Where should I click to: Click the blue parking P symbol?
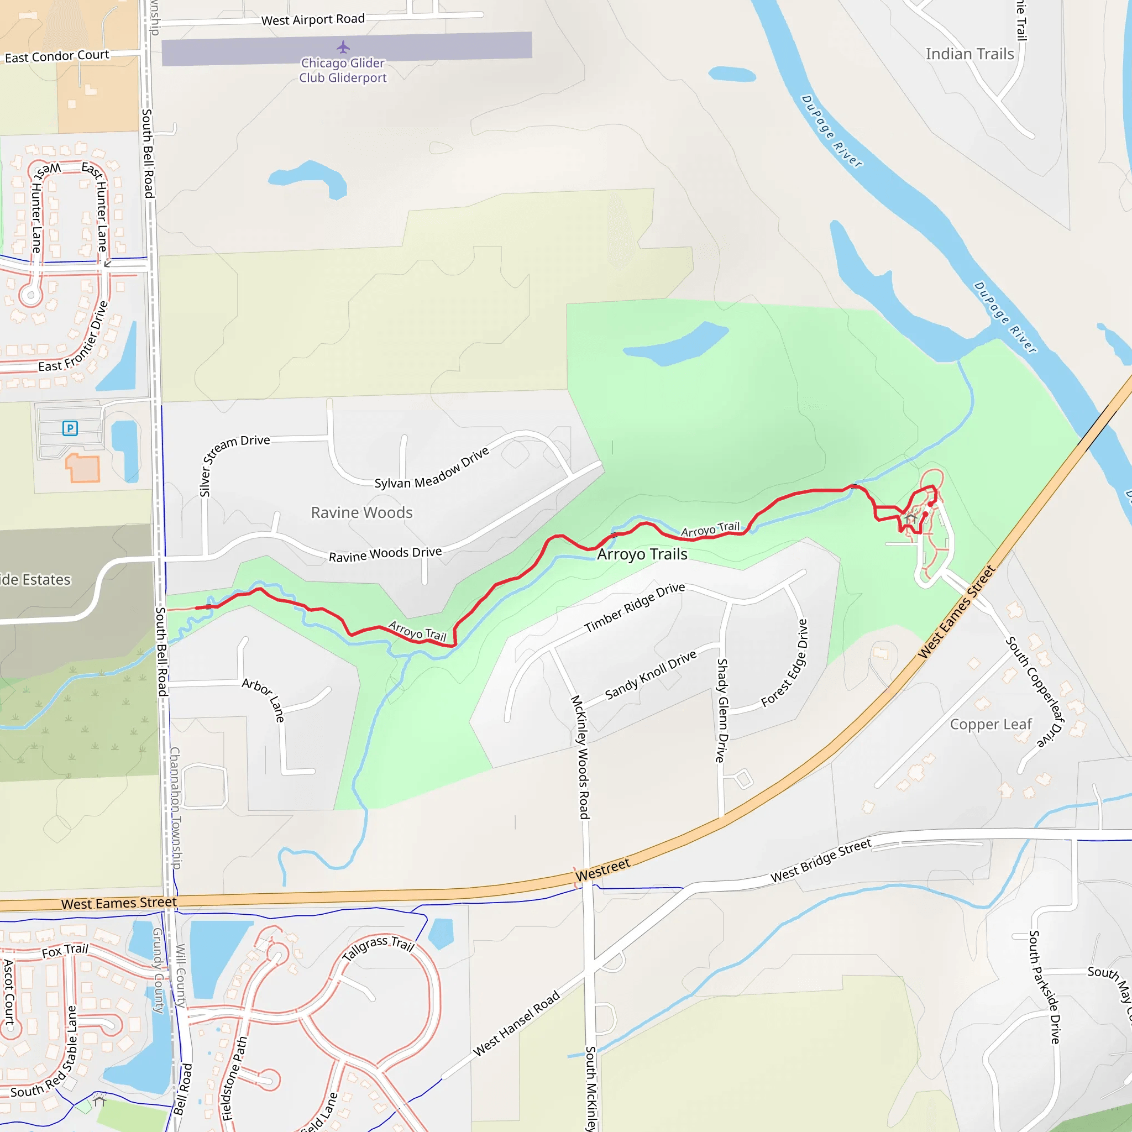click(70, 428)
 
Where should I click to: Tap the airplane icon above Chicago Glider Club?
click(343, 47)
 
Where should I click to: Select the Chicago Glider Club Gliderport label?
click(343, 70)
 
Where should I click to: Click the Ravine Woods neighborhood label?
click(361, 513)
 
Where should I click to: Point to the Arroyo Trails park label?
click(642, 554)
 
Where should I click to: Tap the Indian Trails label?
click(969, 55)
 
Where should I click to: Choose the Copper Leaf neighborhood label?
click(991, 725)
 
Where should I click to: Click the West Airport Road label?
click(313, 20)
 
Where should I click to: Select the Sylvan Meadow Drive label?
click(431, 469)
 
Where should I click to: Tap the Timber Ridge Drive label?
click(635, 607)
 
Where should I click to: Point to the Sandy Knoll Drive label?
click(651, 674)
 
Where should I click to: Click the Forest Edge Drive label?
click(785, 663)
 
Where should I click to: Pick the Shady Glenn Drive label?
click(722, 710)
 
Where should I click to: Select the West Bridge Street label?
click(821, 860)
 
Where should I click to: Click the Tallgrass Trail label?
click(378, 947)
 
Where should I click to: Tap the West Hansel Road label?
click(516, 1023)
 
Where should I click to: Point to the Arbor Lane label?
click(264, 700)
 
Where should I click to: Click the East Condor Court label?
click(57, 56)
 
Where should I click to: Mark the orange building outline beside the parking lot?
click(82, 468)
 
